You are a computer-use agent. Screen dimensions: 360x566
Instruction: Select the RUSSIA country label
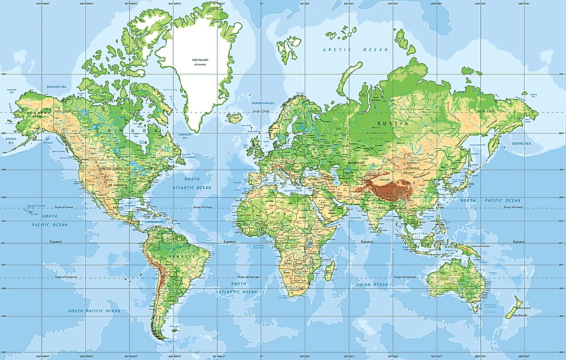[391, 124]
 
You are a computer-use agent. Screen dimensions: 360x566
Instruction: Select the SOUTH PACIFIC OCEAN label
[94, 311]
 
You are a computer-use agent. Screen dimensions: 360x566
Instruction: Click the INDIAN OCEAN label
[372, 285]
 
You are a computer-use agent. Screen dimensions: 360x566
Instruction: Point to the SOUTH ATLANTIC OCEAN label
[239, 288]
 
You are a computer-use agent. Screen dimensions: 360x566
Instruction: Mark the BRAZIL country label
[178, 257]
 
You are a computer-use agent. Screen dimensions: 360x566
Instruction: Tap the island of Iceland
[234, 117]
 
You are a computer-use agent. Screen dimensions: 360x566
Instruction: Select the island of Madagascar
[328, 270]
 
